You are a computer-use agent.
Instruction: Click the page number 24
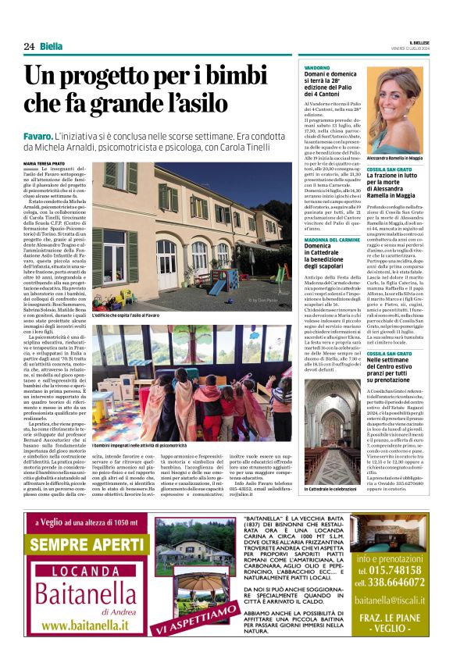29,47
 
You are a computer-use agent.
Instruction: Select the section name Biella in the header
52,47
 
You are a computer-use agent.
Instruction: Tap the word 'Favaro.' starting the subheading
39,136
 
